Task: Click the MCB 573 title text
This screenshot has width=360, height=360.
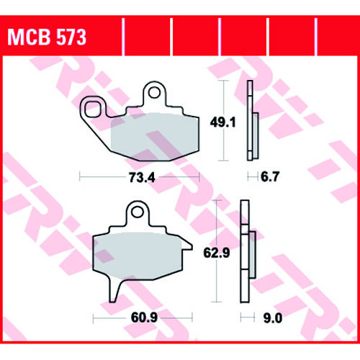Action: pyautogui.click(x=47, y=37)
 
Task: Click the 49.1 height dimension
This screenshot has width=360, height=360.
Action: pyautogui.click(x=223, y=122)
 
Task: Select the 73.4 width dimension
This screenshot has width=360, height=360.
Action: pyautogui.click(x=142, y=178)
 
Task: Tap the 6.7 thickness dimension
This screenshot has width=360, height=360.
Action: pyautogui.click(x=270, y=177)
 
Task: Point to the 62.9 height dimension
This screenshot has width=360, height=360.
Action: pyautogui.click(x=217, y=253)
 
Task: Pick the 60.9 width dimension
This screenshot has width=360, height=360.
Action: pyautogui.click(x=144, y=318)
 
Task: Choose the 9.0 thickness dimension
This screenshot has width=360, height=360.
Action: pyautogui.click(x=273, y=318)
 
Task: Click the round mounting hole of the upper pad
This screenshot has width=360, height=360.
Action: pyautogui.click(x=154, y=92)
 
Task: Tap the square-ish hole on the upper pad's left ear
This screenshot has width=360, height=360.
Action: pyautogui.click(x=93, y=109)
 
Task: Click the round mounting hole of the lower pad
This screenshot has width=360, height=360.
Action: pyautogui.click(x=138, y=212)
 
